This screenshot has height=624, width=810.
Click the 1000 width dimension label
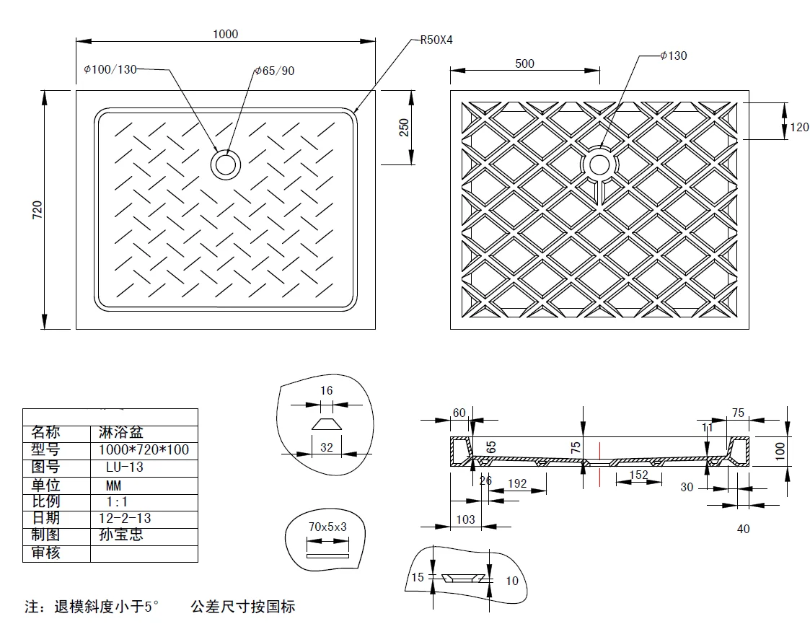click(x=225, y=34)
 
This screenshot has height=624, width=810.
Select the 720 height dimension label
click(x=38, y=210)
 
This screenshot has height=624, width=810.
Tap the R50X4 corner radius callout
click(x=436, y=40)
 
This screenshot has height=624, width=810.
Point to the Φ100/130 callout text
click(x=110, y=69)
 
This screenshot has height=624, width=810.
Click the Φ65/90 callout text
click(x=274, y=71)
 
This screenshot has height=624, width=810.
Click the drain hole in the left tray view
click(x=226, y=164)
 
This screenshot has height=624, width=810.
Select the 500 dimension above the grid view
click(x=524, y=63)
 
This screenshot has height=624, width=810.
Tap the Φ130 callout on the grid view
click(x=673, y=56)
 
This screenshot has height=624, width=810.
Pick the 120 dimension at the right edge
click(x=799, y=126)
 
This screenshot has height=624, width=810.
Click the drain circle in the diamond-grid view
click(x=599, y=164)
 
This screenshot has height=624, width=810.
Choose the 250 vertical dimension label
click(x=404, y=128)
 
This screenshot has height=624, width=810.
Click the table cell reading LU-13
click(x=125, y=467)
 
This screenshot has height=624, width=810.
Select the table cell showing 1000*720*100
click(x=144, y=449)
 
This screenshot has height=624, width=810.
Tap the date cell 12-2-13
click(x=125, y=517)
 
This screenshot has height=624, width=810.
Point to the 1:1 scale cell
click(x=117, y=501)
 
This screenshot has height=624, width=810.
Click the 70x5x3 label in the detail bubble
click(x=327, y=527)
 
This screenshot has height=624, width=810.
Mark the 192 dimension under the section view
click(x=517, y=483)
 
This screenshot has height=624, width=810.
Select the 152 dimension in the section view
click(x=638, y=475)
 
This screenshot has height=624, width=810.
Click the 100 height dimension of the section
click(x=780, y=451)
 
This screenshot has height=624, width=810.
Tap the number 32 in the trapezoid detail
click(x=327, y=447)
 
